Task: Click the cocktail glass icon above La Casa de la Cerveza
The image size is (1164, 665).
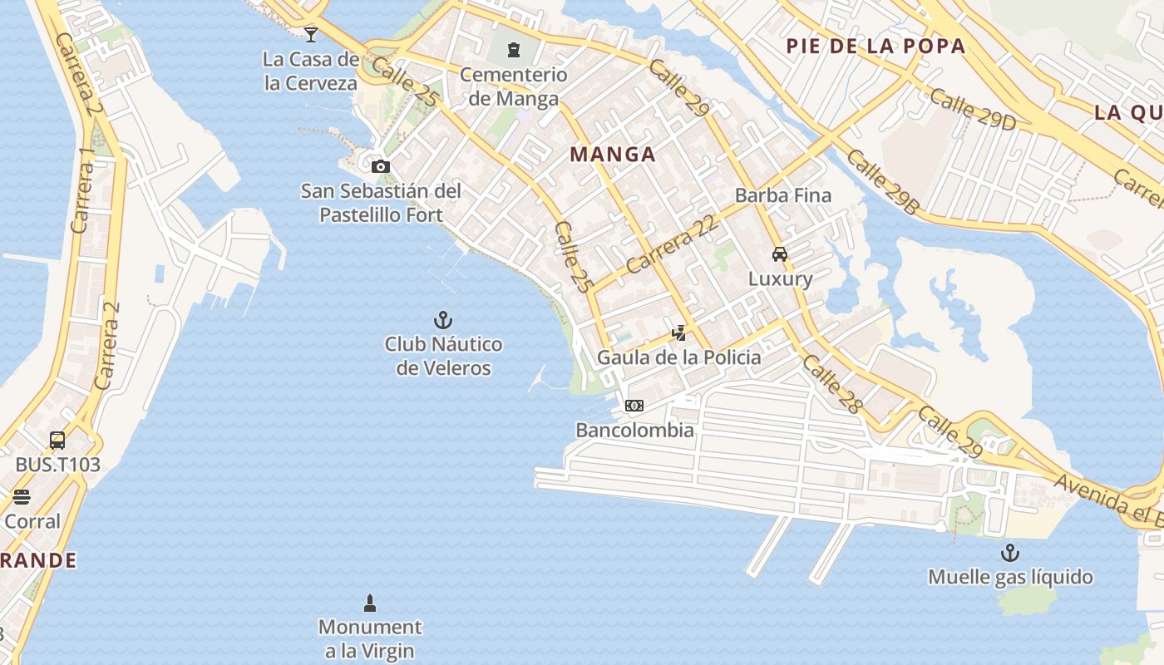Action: point(311,34)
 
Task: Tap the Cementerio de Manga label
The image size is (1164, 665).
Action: point(514,86)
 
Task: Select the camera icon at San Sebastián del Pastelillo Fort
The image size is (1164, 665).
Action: point(381,166)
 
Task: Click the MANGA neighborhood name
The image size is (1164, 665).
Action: point(613,154)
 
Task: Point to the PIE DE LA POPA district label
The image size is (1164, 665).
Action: point(875,47)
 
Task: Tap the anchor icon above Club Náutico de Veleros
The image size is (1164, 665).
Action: point(443,320)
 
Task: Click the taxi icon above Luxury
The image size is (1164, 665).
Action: point(780,254)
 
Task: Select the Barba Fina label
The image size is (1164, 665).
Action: point(782,196)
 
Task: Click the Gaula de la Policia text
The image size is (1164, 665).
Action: point(678,357)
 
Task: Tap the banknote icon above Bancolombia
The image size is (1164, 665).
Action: point(634,406)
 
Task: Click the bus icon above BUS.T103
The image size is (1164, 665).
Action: point(57,441)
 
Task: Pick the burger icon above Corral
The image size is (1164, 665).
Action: point(22,497)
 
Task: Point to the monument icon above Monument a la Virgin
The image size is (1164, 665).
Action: point(370,603)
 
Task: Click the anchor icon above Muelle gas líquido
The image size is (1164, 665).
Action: point(1010,553)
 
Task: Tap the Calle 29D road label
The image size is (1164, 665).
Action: point(973,109)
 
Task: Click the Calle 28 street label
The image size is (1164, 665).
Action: point(831,384)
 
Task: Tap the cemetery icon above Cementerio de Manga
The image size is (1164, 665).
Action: point(514,50)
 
